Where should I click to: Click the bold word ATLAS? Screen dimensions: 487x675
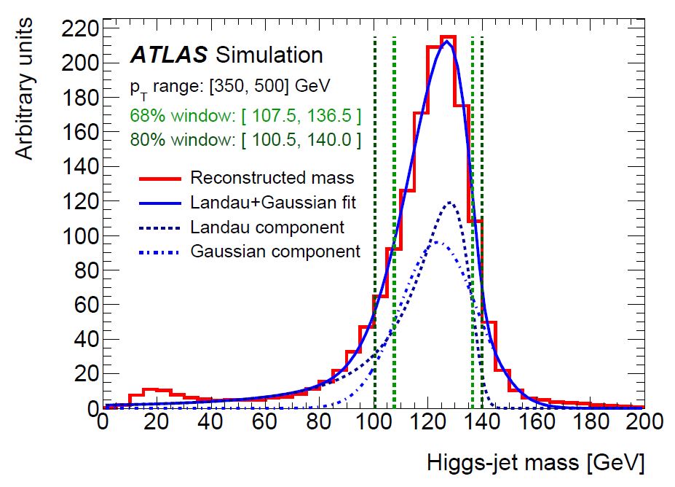coord(168,55)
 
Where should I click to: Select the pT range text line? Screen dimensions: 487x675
coord(230,86)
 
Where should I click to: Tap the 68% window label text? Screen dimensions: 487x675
coord(245,115)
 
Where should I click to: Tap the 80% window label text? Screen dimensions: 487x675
coord(245,140)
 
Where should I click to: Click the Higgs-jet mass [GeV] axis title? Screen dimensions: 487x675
coord(535,462)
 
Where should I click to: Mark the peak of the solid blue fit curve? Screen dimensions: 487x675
coord(447,42)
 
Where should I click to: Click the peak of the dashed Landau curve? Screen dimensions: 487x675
coord(451,202)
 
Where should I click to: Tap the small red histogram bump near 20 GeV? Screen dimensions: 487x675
coord(150,390)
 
